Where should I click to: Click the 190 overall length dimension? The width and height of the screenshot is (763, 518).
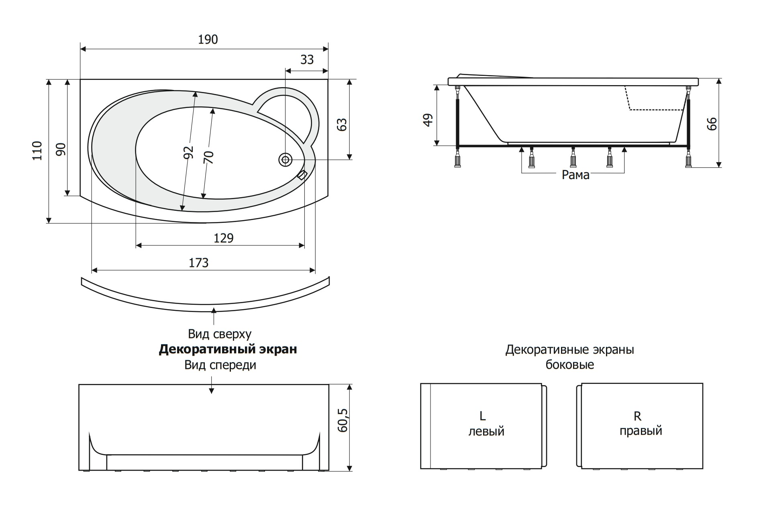pyautogui.click(x=208, y=39)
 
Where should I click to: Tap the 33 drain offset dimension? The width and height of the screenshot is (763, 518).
pyautogui.click(x=307, y=59)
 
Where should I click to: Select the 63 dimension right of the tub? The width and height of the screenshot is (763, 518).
pyautogui.click(x=342, y=124)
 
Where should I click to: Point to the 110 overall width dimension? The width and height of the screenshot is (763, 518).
pyautogui.click(x=37, y=151)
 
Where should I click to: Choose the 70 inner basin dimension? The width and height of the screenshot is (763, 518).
pyautogui.click(x=208, y=157)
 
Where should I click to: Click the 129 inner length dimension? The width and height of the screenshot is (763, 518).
pyautogui.click(x=223, y=238)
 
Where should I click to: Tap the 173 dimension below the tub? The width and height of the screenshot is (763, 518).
pyautogui.click(x=199, y=263)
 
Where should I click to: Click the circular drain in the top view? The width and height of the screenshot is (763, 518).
pyautogui.click(x=285, y=160)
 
